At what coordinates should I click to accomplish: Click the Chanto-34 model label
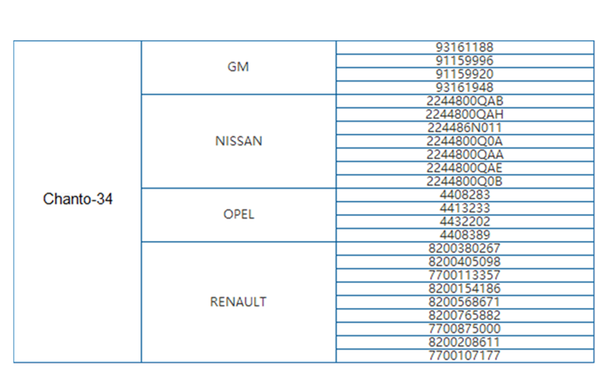pyautogui.click(x=77, y=199)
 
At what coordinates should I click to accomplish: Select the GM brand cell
pyautogui.click(x=238, y=67)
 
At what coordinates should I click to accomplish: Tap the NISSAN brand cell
pyautogui.click(x=238, y=141)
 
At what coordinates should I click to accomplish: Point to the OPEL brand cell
pyautogui.click(x=238, y=215)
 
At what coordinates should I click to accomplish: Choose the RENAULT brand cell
pyautogui.click(x=238, y=302)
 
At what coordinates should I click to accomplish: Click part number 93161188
pyautogui.click(x=464, y=47)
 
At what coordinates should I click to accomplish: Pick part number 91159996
pyautogui.click(x=464, y=61)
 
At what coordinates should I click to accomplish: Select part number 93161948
pyautogui.click(x=464, y=87)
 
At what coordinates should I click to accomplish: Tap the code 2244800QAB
pyautogui.click(x=465, y=101)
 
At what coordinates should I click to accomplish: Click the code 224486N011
pyautogui.click(x=465, y=127)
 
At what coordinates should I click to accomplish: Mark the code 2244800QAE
pyautogui.click(x=464, y=168)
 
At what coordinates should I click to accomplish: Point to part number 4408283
pyautogui.click(x=465, y=195)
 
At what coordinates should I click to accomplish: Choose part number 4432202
pyautogui.click(x=465, y=222)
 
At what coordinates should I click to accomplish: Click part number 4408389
pyautogui.click(x=465, y=235)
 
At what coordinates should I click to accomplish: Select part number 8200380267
pyautogui.click(x=464, y=248)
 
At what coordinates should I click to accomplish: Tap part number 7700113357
pyautogui.click(x=464, y=275)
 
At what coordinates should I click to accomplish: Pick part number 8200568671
pyautogui.click(x=464, y=302)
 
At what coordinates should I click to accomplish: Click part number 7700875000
pyautogui.click(x=464, y=329)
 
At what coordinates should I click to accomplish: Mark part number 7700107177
pyautogui.click(x=464, y=356)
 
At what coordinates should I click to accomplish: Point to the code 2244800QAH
pyautogui.click(x=465, y=114)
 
